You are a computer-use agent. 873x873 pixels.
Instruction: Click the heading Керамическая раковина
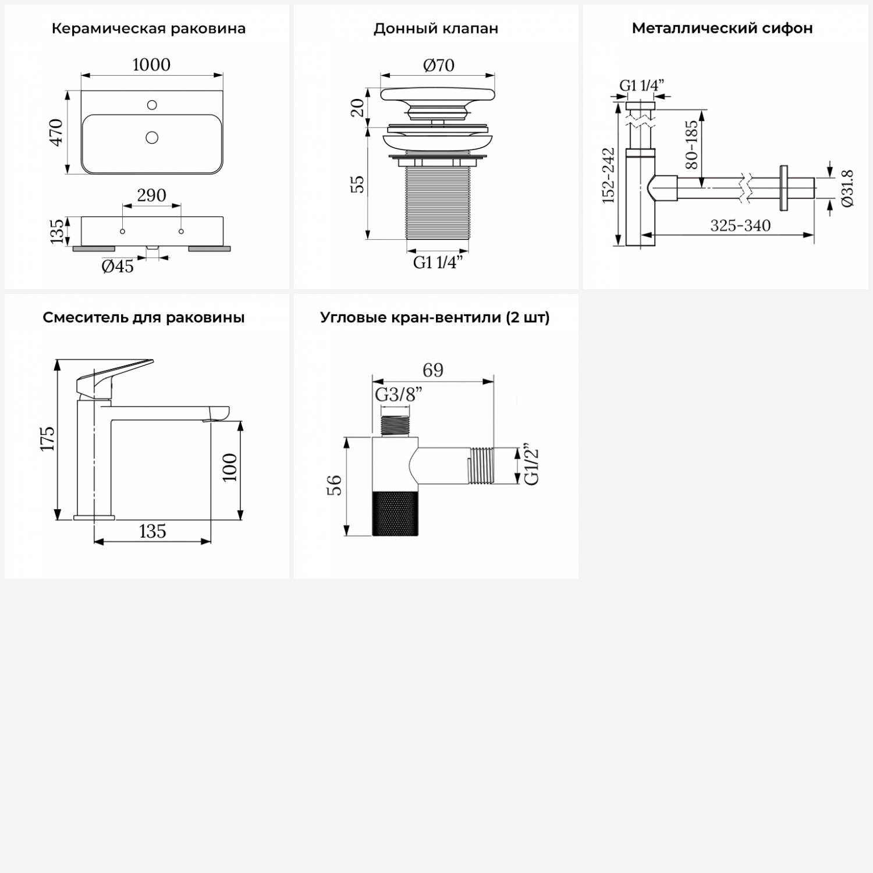(x=148, y=29)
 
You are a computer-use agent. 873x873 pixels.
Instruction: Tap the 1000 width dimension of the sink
(x=151, y=65)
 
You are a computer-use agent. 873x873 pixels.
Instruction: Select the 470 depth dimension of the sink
(x=56, y=132)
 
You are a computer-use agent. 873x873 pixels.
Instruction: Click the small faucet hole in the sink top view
(x=152, y=105)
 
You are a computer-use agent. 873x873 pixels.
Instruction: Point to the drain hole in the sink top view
(x=152, y=138)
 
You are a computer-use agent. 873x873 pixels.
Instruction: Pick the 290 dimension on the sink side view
(x=151, y=195)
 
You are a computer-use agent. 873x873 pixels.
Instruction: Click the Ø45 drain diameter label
(x=118, y=267)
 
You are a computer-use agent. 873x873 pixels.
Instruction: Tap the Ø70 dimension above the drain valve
(x=438, y=65)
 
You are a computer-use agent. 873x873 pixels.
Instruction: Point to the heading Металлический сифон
(x=722, y=28)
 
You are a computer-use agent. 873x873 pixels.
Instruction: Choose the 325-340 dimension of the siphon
(x=740, y=225)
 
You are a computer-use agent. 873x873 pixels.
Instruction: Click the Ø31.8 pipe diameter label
(x=847, y=188)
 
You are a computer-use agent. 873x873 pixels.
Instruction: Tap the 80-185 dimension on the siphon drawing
(x=691, y=144)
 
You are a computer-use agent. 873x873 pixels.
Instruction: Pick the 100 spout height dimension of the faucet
(x=230, y=467)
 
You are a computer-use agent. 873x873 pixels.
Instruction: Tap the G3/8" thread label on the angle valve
(x=398, y=395)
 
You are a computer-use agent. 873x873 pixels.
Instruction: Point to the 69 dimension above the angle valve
(x=433, y=370)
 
